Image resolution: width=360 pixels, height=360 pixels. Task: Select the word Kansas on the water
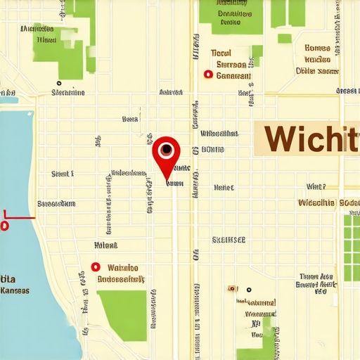click(x=15, y=290)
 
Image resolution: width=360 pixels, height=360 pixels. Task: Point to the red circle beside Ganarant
click(x=207, y=74)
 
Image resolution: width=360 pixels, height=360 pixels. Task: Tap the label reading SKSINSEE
click(x=229, y=240)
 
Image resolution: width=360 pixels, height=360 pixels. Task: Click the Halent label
click(x=105, y=245)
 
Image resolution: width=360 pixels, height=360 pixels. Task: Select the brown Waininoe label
click(x=123, y=268)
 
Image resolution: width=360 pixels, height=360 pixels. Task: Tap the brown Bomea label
click(x=318, y=49)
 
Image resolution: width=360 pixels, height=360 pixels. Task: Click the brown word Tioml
click(x=221, y=53)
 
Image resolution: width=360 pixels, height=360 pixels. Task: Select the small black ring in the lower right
click(x=248, y=289)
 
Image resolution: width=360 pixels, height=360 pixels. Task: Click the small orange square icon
click(x=231, y=288)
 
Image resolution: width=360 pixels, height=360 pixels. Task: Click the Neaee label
click(x=224, y=188)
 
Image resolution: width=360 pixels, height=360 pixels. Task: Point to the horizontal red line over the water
click(x=18, y=217)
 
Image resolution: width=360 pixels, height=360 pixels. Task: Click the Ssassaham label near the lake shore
click(x=56, y=204)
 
